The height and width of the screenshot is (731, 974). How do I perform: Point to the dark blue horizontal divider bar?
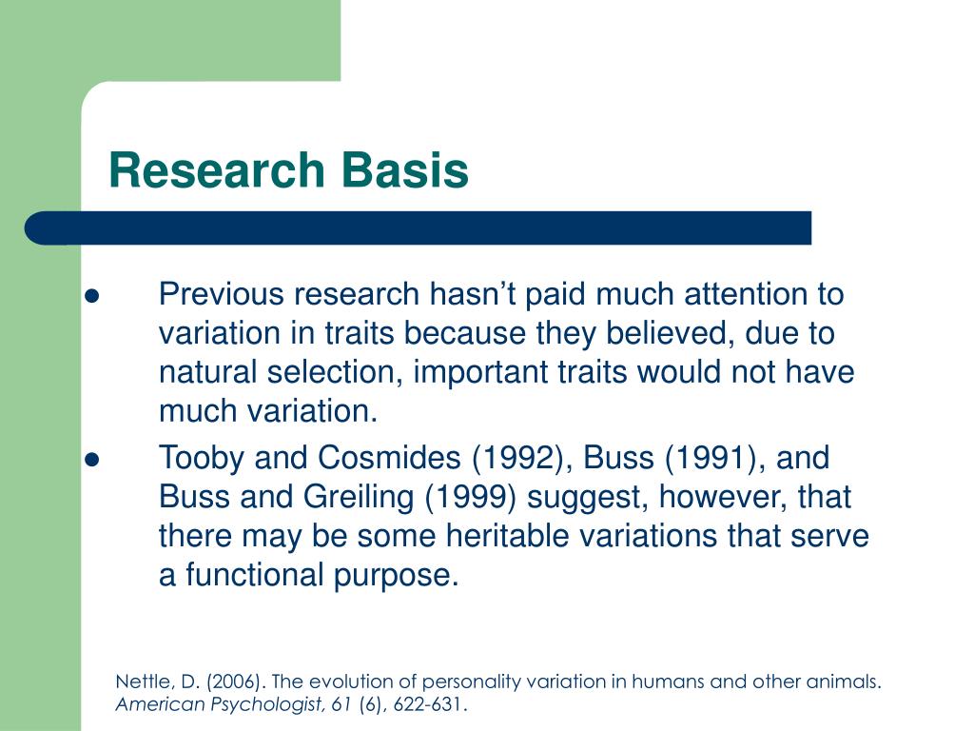click(419, 228)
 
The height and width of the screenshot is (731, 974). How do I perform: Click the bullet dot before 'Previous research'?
click(92, 296)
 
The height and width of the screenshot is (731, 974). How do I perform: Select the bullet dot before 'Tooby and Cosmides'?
click(92, 460)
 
